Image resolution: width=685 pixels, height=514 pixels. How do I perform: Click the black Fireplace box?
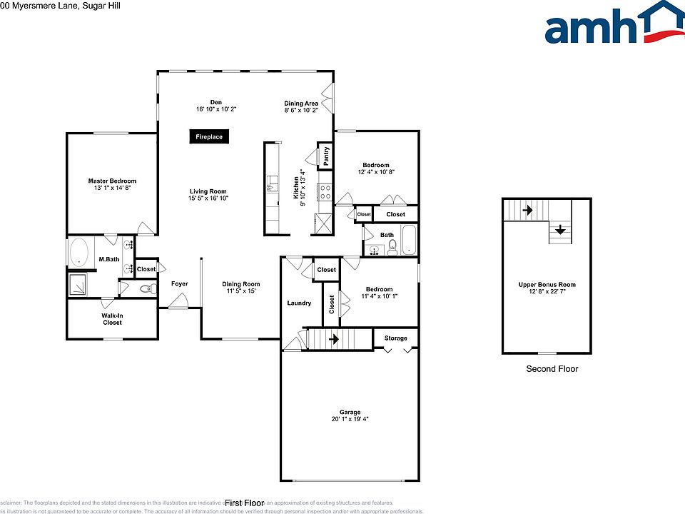[x=209, y=137]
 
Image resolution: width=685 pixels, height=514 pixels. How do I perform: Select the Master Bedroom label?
[x=112, y=181]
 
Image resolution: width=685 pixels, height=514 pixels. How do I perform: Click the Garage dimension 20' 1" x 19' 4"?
[x=350, y=419]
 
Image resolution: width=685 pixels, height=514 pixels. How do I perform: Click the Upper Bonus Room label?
[x=547, y=285]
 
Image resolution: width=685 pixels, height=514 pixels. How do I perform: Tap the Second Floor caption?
[x=552, y=369]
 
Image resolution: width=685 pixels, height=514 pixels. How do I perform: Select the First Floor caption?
[x=245, y=503]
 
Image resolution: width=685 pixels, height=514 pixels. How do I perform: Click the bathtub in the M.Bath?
[x=78, y=253]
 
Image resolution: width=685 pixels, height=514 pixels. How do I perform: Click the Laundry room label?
[x=299, y=303]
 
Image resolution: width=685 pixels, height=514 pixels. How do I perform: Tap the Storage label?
[x=396, y=338]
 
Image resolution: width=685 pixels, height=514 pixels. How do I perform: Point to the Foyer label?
[x=179, y=284]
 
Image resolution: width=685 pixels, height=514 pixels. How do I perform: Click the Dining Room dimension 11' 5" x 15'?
[x=240, y=291]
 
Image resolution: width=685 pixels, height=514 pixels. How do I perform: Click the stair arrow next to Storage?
[x=333, y=340]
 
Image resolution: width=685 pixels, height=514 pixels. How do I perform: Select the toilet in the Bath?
[x=392, y=248]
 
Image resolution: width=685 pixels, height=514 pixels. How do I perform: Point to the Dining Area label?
[x=301, y=104]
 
